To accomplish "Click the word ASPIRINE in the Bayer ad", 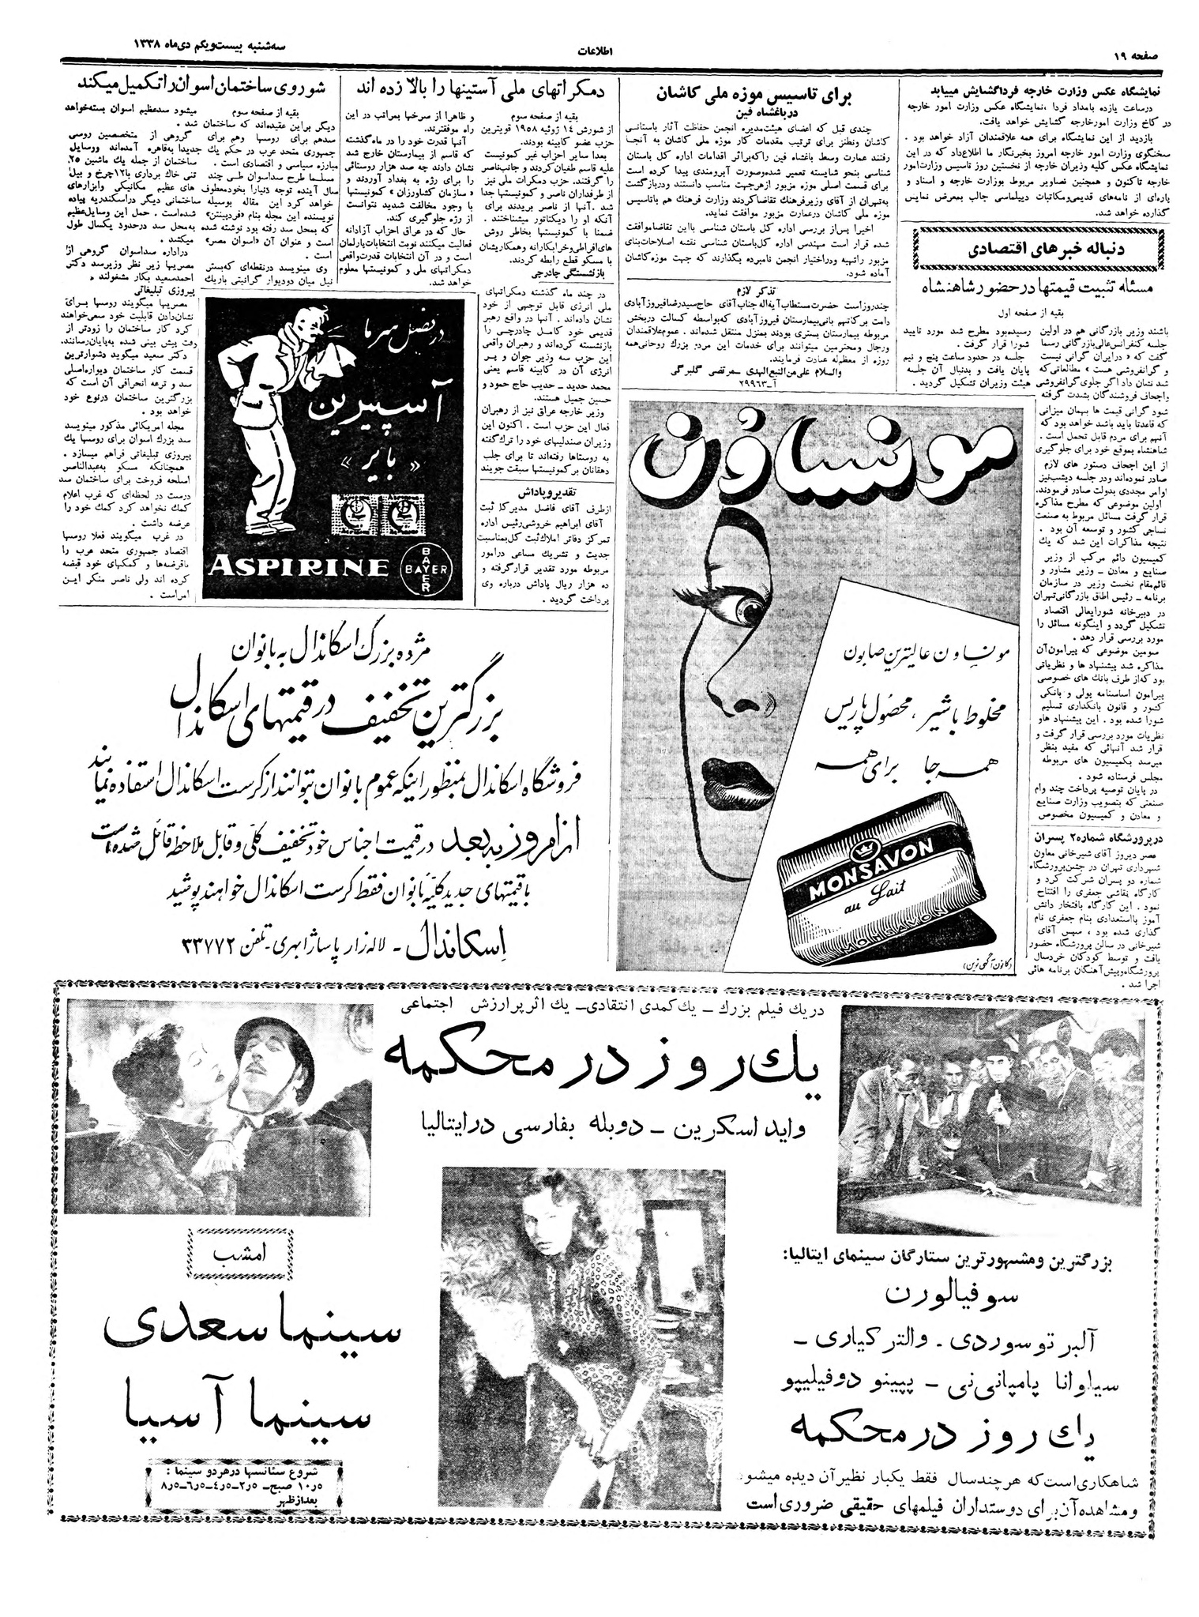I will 301,565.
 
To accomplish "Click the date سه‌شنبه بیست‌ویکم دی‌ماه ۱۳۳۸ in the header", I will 167,47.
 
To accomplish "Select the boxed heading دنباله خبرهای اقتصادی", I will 1036,246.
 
